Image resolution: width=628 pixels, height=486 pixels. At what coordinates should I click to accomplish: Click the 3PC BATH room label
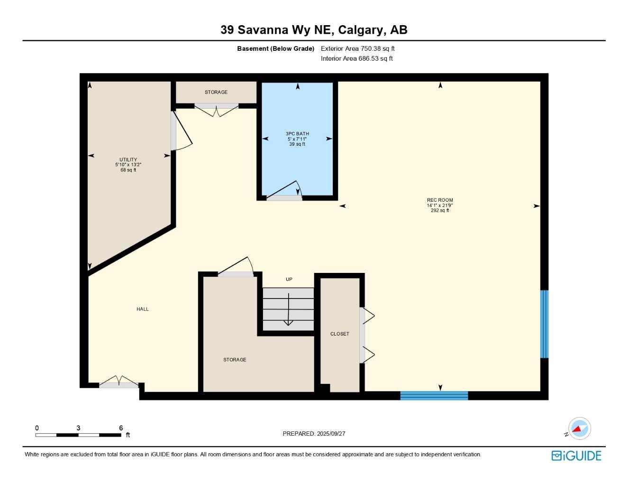click(x=297, y=134)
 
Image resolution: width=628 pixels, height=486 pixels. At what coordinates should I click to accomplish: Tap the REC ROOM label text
click(x=440, y=200)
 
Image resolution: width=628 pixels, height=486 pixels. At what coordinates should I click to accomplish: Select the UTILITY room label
click(x=128, y=160)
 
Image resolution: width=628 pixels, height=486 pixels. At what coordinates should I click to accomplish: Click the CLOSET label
click(x=339, y=334)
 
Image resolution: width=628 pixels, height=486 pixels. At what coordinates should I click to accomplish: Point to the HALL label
click(x=143, y=309)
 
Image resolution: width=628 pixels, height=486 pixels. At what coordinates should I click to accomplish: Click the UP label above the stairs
click(x=289, y=280)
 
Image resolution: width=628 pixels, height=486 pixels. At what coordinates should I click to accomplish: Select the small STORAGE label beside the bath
click(x=216, y=92)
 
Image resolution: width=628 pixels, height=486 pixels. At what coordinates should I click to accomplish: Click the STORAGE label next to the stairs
click(x=235, y=360)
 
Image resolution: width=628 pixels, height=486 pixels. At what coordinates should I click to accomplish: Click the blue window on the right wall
click(x=544, y=324)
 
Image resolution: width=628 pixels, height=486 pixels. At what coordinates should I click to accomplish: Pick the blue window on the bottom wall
click(x=434, y=395)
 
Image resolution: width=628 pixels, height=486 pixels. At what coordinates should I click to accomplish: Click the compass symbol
click(x=579, y=429)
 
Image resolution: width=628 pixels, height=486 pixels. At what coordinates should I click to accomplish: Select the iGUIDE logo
click(x=576, y=456)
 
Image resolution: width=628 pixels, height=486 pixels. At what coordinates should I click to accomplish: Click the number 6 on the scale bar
click(x=121, y=428)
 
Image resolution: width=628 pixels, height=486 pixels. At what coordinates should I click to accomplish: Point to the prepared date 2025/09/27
click(x=331, y=434)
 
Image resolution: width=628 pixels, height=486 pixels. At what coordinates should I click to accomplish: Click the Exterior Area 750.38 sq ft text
click(x=357, y=48)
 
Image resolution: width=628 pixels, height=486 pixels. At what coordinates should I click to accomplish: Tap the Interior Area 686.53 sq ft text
click(x=356, y=58)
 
